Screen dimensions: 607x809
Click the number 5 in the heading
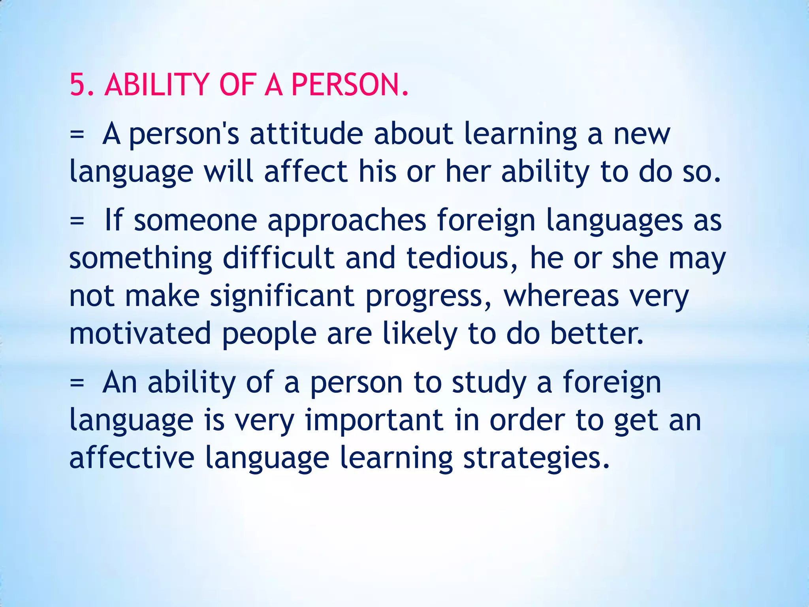[78, 85]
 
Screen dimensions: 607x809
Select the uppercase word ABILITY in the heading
[156, 85]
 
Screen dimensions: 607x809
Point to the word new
[642, 134]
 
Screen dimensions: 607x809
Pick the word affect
[305, 172]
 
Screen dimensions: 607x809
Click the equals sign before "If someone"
[77, 221]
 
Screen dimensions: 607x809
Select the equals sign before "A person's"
[77, 134]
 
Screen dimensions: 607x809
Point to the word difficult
[278, 258]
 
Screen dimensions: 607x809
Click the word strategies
[536, 458]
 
